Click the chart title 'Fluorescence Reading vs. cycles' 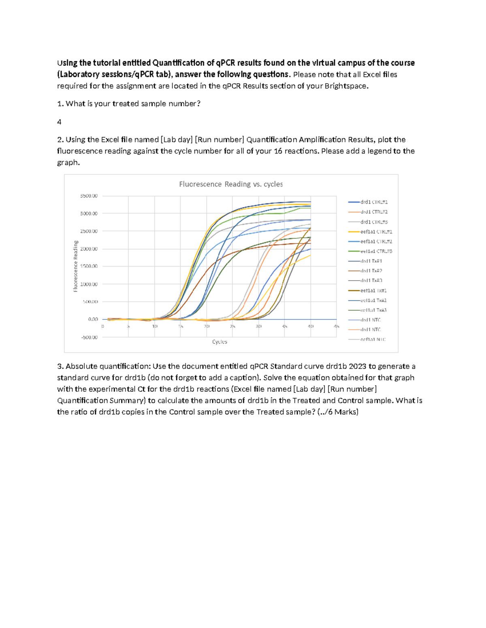pyautogui.click(x=231, y=184)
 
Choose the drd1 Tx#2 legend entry pyautogui.click(x=371, y=271)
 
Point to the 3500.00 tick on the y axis pyautogui.click(x=89, y=196)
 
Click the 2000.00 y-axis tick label pyautogui.click(x=89, y=249)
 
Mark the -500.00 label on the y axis pyautogui.click(x=89, y=337)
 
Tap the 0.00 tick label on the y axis pyautogui.click(x=93, y=319)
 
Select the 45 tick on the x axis pyautogui.click(x=336, y=326)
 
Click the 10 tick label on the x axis pyautogui.click(x=155, y=326)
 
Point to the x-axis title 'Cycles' pyautogui.click(x=220, y=342)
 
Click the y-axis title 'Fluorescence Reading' pyautogui.click(x=75, y=266)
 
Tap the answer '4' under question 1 pyautogui.click(x=60, y=122)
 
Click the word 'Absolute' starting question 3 pyautogui.click(x=80, y=366)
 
